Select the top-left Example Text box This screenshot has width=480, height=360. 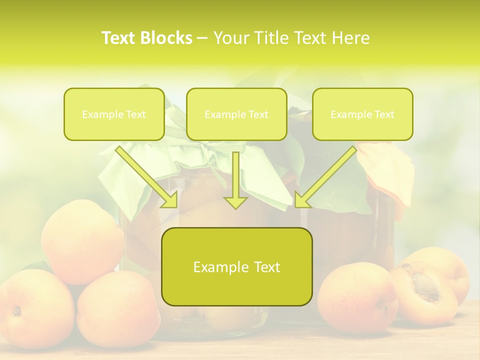[x=114, y=114]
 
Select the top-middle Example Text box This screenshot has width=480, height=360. [x=236, y=114]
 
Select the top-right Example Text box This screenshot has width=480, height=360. [x=362, y=114]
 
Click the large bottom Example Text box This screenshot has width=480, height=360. [x=236, y=267]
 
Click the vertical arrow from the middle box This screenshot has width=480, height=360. [x=235, y=180]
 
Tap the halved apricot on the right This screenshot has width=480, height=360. [x=425, y=295]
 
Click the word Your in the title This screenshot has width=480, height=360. [x=231, y=38]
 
